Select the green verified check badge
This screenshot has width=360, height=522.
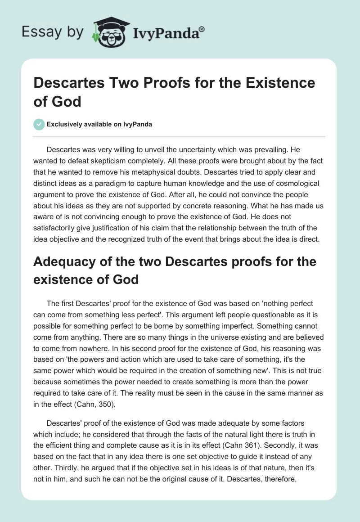pos(39,124)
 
